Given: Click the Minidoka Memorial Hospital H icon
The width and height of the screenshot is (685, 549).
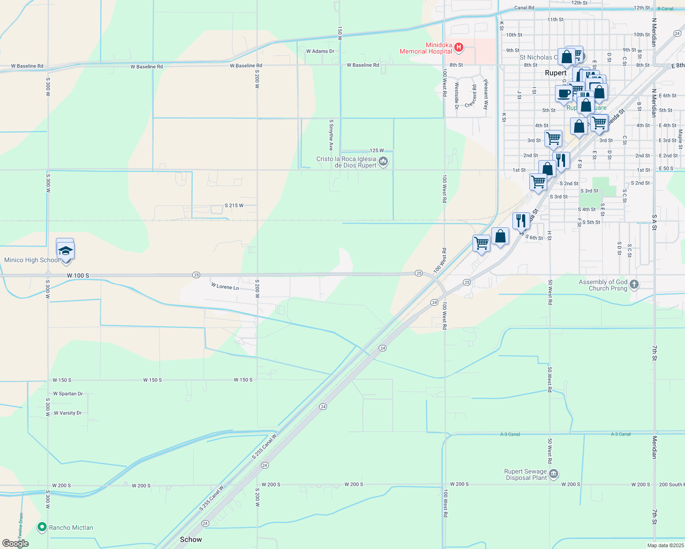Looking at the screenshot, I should tap(458, 47).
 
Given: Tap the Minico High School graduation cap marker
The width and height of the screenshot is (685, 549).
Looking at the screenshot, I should tap(65, 251).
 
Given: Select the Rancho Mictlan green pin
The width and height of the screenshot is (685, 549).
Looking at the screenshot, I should tap(42, 527).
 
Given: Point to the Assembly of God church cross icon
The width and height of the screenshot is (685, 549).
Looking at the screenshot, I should tap(634, 284).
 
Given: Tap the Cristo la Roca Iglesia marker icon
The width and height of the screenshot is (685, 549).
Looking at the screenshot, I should tap(383, 161).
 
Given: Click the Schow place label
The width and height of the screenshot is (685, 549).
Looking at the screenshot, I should tap(191, 539).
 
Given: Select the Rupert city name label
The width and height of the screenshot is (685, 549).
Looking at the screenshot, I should tap(555, 73).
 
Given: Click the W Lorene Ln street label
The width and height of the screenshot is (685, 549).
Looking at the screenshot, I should tap(225, 287).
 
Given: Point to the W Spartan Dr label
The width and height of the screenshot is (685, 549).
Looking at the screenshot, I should tap(68, 394).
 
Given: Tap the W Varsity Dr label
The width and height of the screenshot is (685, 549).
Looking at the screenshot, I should tap(68, 413).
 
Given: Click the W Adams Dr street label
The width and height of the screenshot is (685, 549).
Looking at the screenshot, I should tap(320, 51).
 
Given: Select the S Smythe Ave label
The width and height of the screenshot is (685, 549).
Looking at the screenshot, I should tap(331, 135).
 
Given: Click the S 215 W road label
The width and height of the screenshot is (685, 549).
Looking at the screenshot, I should tap(234, 205).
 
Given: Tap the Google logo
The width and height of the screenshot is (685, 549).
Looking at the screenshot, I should tap(16, 543).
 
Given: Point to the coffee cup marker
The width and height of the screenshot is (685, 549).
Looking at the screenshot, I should tap(565, 94).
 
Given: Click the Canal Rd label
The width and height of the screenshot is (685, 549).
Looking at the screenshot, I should tap(524, 8).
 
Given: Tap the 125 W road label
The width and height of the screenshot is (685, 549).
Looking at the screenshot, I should tap(376, 151).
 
